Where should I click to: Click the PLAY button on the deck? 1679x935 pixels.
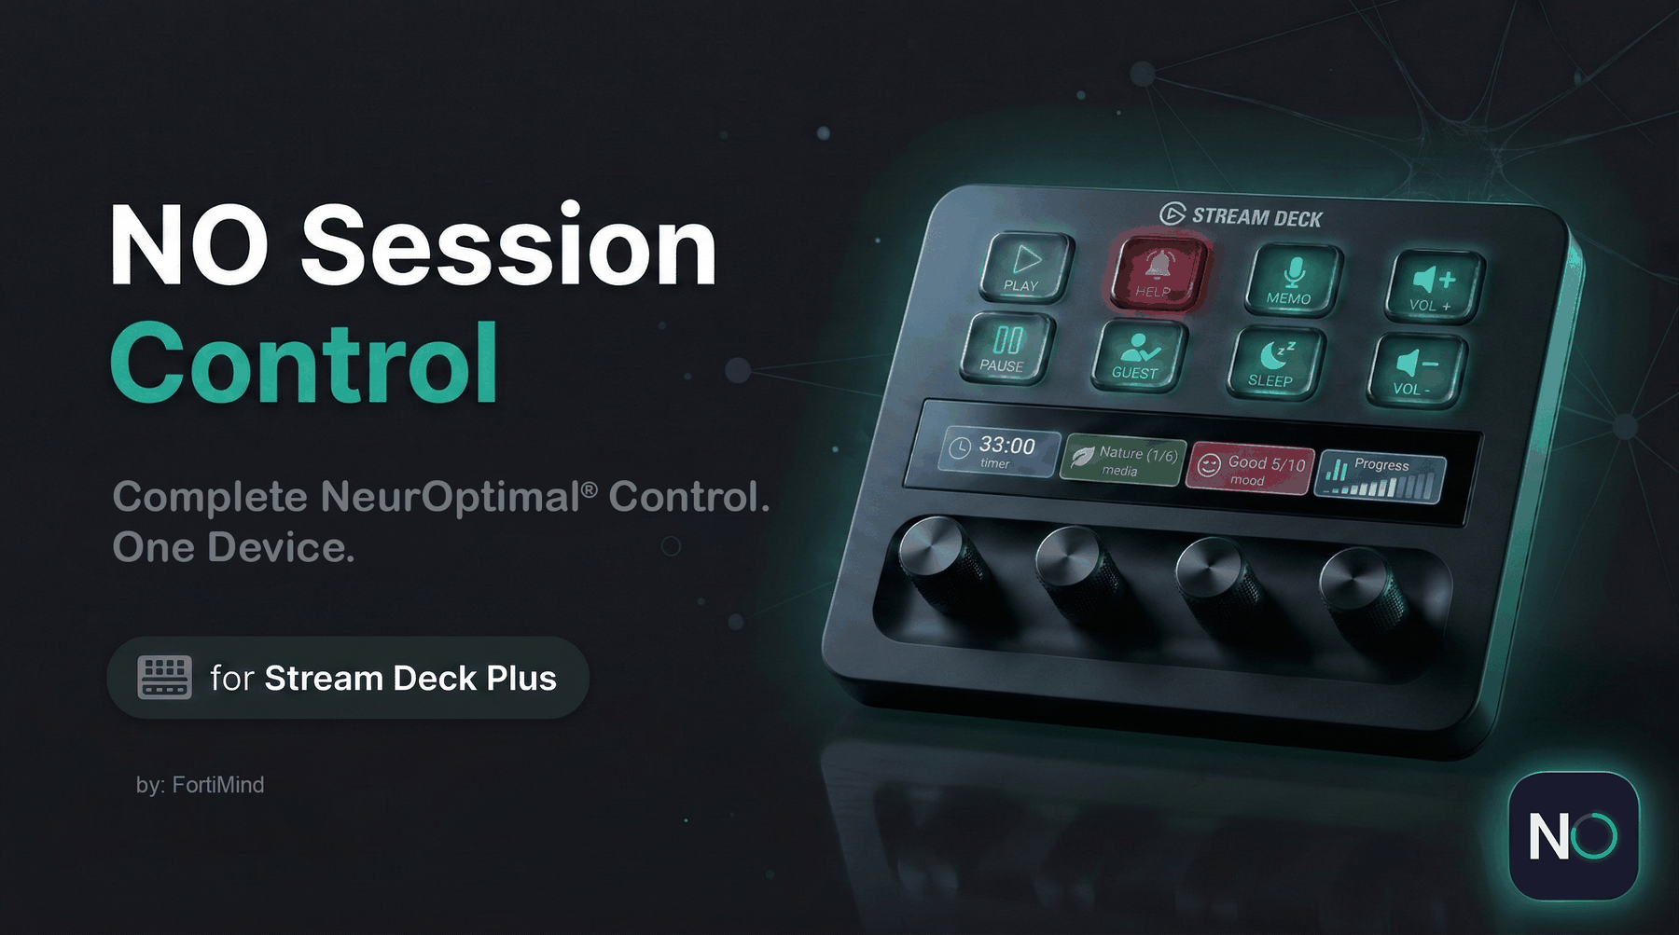click(x=1025, y=267)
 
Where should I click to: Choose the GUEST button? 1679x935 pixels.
click(x=1137, y=355)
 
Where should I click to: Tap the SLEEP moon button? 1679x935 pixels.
click(x=1274, y=363)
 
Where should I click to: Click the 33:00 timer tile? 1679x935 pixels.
click(x=999, y=451)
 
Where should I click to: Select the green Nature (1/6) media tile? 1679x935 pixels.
click(x=1123, y=461)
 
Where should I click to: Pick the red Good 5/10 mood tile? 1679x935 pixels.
click(x=1251, y=469)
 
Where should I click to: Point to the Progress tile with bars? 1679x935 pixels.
click(x=1381, y=477)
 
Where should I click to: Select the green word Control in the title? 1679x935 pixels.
click(x=304, y=363)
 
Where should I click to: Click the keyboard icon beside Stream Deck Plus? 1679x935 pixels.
click(x=165, y=677)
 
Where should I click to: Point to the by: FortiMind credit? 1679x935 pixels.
click(x=201, y=785)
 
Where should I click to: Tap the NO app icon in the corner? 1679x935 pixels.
click(x=1573, y=836)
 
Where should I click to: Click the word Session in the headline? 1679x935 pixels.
click(x=509, y=246)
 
